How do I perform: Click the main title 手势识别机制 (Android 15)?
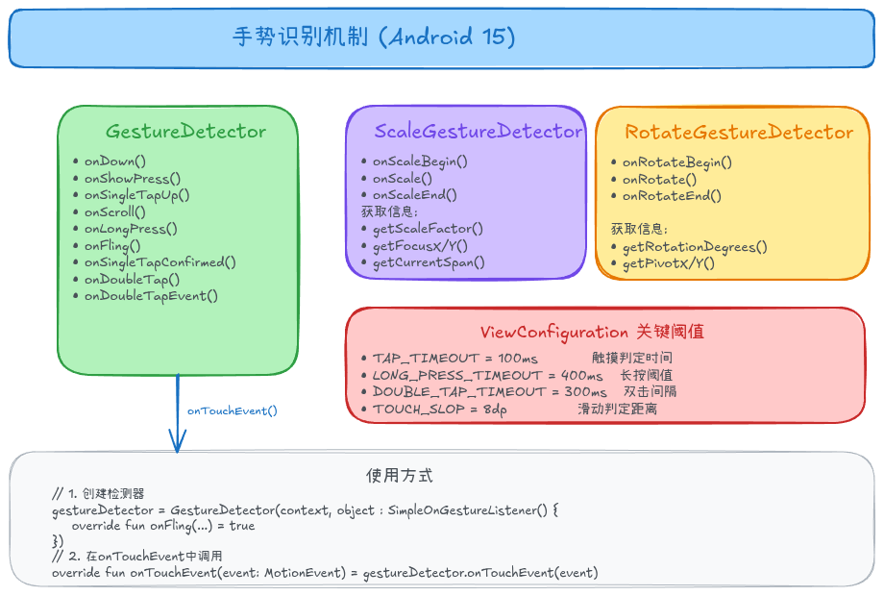375,37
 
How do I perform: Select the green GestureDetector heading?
185,132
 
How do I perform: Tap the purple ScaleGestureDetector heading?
478,132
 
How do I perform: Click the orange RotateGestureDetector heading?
738,132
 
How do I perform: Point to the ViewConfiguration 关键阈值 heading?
592,333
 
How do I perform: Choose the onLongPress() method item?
131,229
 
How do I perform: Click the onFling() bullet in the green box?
112,245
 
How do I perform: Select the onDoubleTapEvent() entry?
151,295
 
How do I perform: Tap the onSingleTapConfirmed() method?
160,261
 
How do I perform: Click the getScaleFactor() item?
428,228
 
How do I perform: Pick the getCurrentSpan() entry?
429,261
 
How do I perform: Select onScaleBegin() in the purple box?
420,161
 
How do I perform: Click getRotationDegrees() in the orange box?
695,246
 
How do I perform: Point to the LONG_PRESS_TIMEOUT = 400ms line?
488,375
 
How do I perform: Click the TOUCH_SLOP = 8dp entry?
440,409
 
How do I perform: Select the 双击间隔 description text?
650,392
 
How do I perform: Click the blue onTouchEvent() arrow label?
233,410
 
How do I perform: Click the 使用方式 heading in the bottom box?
400,476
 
